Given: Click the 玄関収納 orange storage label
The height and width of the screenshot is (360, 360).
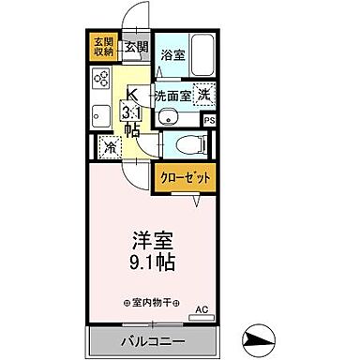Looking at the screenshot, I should coord(102,48).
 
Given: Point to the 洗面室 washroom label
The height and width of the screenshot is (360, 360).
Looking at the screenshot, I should coord(172,96).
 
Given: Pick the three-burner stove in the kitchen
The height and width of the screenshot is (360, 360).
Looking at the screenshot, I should coord(101,82).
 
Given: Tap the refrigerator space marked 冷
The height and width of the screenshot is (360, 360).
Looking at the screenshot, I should coord(110,148).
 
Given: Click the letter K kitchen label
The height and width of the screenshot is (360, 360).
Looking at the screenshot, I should coord(132,94).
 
